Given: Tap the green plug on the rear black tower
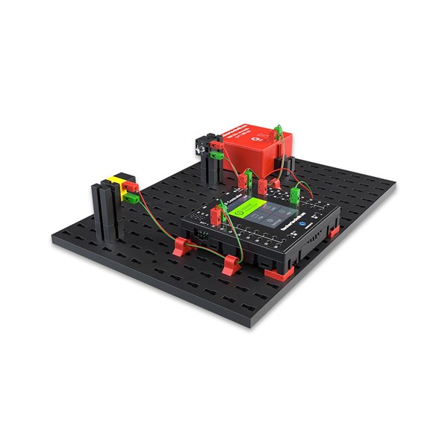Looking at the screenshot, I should click(x=216, y=155).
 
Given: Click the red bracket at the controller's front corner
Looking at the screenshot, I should click(x=281, y=273).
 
